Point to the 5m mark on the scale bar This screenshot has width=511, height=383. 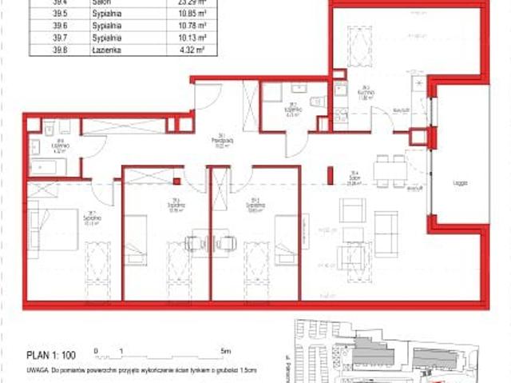coord(225,350)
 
